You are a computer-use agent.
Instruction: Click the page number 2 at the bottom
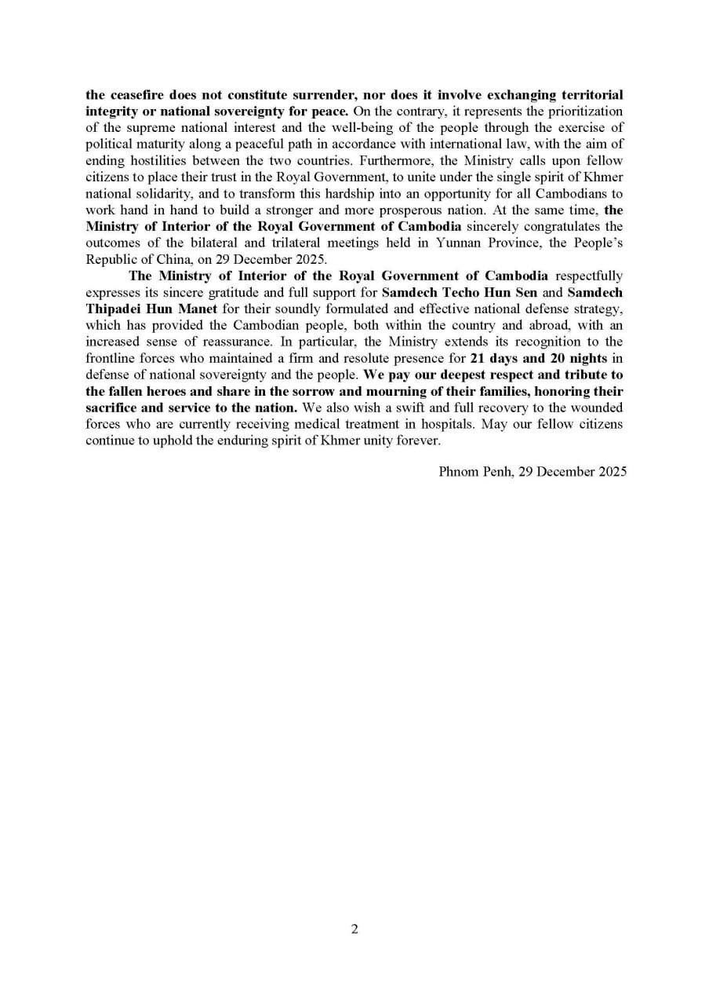point(354,930)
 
